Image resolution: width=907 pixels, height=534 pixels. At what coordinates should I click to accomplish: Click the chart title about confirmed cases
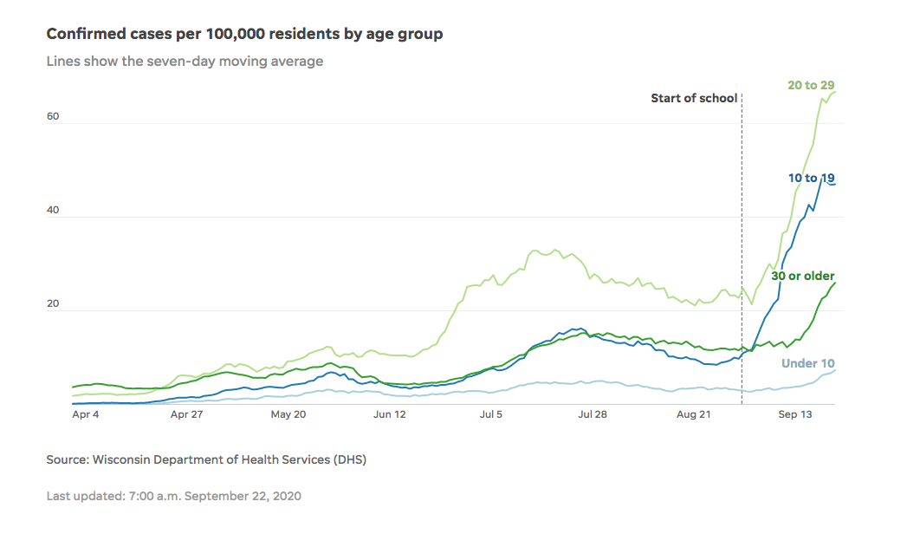(x=244, y=34)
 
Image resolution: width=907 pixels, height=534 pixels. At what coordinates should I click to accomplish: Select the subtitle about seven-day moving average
(x=185, y=62)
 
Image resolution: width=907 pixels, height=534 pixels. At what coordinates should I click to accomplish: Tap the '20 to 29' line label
(x=811, y=85)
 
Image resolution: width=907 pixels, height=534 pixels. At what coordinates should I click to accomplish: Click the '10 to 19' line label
(x=811, y=178)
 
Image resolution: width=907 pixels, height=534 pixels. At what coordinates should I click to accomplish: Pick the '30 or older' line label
(x=802, y=276)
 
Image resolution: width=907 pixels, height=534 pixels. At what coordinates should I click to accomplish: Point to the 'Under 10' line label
(x=808, y=363)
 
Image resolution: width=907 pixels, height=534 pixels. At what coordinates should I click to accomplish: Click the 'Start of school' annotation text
(x=694, y=98)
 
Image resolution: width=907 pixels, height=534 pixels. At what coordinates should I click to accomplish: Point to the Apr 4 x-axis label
(x=86, y=415)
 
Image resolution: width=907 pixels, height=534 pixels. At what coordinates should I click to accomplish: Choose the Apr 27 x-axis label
(x=187, y=415)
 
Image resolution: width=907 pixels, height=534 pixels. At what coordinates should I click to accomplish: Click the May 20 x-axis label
(x=288, y=415)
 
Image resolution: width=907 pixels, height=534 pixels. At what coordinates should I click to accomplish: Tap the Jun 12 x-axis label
(x=390, y=415)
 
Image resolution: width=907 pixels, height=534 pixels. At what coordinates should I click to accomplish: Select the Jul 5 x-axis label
(x=491, y=415)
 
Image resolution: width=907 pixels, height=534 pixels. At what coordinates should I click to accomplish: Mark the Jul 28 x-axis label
(x=592, y=415)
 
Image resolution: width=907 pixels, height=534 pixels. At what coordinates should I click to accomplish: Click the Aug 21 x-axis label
(x=693, y=415)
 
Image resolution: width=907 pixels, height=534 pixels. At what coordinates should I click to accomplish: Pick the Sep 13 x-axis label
(x=794, y=415)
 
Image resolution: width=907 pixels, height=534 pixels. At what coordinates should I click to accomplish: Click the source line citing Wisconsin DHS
(x=206, y=459)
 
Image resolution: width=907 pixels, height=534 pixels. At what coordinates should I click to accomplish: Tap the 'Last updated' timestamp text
(x=173, y=496)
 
